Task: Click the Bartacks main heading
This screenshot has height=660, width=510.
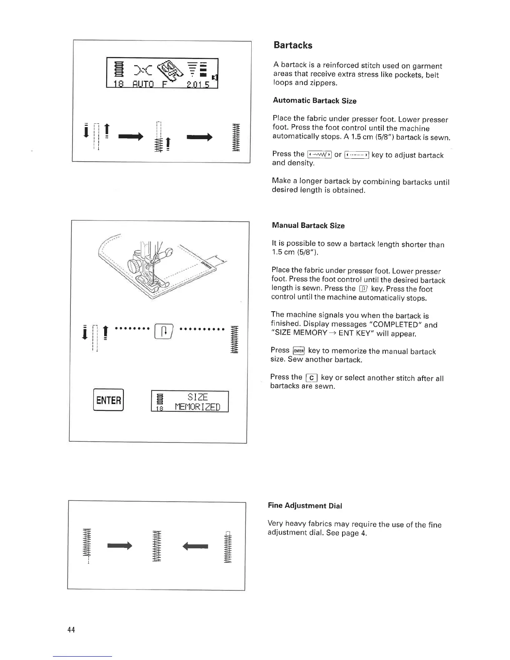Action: point(293,45)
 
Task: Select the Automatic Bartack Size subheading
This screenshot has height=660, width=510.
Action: point(315,101)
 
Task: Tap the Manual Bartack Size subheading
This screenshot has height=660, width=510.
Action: point(308,225)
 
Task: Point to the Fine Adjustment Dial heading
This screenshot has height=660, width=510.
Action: point(305,506)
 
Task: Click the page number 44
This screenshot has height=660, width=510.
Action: point(71,630)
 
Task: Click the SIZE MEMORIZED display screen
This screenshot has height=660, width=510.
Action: point(190,402)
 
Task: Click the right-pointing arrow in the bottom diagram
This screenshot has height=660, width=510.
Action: point(120,545)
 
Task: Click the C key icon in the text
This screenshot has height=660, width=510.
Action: point(312,378)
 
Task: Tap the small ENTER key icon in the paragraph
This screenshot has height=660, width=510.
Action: point(299,351)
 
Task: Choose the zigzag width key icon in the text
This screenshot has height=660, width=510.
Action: point(319,155)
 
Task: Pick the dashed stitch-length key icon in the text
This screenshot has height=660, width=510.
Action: point(357,155)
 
